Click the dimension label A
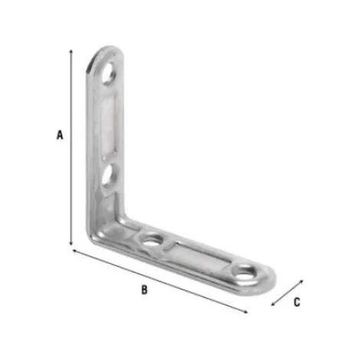(60, 135)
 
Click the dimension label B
(145, 290)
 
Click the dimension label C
(296, 303)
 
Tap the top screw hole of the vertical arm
(109, 73)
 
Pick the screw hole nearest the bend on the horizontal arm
(152, 241)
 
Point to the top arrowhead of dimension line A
(71, 51)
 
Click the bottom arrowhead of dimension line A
(71, 244)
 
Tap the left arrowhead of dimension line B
(74, 251)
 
